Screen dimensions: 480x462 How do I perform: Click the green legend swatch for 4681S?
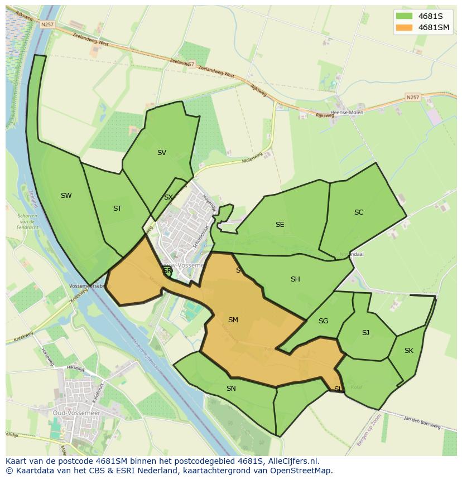(403, 16)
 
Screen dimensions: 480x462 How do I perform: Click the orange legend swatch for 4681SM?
(403, 27)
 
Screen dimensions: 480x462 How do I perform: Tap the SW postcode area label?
(66, 196)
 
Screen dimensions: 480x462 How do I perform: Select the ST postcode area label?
(117, 209)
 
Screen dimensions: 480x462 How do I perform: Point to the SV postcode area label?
(162, 153)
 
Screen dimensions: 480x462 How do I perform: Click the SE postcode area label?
(280, 225)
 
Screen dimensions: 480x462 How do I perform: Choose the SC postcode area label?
(359, 212)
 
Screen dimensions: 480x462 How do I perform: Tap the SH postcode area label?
(295, 279)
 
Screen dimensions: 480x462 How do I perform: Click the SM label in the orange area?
(233, 320)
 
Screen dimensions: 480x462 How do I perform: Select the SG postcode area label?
(323, 321)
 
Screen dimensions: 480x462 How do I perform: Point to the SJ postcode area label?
(365, 333)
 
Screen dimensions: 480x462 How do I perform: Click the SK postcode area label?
(409, 351)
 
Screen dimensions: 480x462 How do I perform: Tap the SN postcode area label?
(231, 389)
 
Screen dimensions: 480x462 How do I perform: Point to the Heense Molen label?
(347, 113)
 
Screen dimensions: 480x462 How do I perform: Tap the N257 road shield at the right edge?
(412, 98)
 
